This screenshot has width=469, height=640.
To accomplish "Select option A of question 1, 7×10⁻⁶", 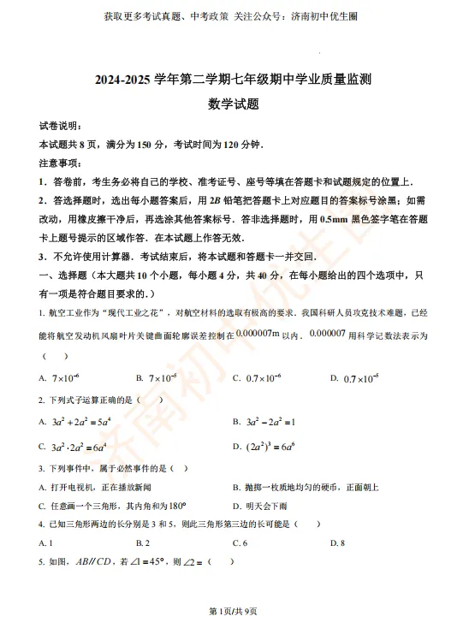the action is point(65,377).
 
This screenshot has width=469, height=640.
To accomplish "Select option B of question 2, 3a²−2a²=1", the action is point(270,421).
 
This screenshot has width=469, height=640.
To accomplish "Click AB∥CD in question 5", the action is point(95,562).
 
